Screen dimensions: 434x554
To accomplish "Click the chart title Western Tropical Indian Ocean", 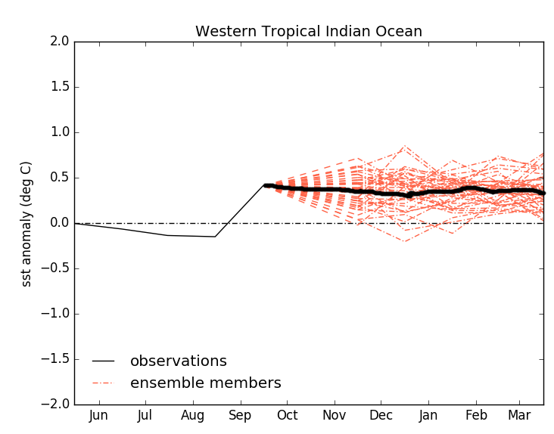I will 309,32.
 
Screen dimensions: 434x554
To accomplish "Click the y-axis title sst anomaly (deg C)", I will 26,223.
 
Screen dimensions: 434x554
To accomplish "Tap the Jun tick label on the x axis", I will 98,415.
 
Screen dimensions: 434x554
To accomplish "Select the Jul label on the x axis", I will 145,415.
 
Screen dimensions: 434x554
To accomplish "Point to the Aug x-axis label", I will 193,415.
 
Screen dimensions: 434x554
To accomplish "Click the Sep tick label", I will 240,415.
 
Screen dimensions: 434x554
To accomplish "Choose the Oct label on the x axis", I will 287,415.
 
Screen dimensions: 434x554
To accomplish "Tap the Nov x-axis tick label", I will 335,415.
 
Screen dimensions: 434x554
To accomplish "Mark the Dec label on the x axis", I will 381,415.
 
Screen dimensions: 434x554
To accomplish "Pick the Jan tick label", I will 428,415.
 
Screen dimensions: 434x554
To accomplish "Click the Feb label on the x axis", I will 476,415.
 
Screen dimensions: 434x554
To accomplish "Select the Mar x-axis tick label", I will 519,415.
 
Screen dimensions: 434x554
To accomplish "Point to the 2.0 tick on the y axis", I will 58,42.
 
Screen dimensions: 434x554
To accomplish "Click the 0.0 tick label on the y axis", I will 58,223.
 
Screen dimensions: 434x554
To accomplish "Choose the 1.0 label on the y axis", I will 58,132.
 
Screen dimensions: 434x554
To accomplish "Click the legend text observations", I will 179,361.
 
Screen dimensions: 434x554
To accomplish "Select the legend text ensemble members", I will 206,383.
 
